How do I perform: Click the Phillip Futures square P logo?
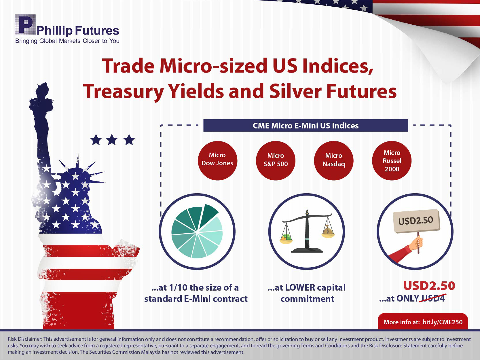click(x=25, y=24)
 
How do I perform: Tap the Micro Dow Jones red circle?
click(x=217, y=160)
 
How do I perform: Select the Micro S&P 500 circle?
click(x=276, y=160)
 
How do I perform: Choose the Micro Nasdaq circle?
click(x=334, y=160)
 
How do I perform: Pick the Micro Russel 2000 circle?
click(x=392, y=160)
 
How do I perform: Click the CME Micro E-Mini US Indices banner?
click(x=306, y=126)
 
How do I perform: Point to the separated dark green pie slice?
click(x=208, y=215)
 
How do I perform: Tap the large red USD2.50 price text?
click(x=429, y=286)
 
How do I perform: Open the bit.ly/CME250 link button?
click(x=423, y=322)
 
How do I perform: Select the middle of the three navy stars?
click(x=112, y=140)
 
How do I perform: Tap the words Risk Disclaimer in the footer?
click(x=25, y=339)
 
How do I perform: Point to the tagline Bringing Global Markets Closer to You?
click(x=67, y=41)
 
